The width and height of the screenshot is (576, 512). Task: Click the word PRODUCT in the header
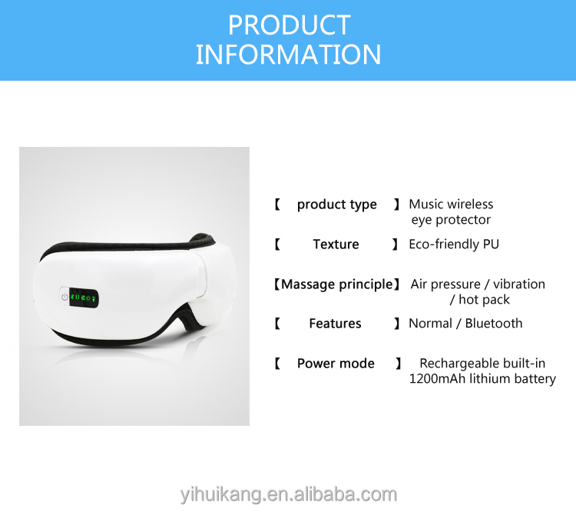tap(288, 25)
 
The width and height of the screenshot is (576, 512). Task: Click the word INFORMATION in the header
tap(288, 55)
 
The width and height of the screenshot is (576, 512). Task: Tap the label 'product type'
tap(336, 204)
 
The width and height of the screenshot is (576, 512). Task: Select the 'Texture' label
tap(336, 244)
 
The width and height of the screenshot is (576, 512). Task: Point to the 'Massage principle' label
tap(336, 284)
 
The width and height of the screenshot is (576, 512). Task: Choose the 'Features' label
tap(335, 324)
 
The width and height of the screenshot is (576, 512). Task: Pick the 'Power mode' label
tap(336, 364)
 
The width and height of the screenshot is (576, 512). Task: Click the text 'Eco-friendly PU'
tap(454, 244)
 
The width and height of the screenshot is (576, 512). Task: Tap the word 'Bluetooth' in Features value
tap(494, 324)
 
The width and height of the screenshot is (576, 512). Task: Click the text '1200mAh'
tap(436, 379)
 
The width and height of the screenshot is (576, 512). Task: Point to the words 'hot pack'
tap(485, 300)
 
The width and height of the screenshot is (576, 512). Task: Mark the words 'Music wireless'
tap(451, 204)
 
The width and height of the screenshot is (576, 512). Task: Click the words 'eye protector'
tap(452, 220)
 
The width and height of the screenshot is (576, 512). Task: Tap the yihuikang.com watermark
tap(288, 494)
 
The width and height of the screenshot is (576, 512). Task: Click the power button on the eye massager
tap(61, 296)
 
